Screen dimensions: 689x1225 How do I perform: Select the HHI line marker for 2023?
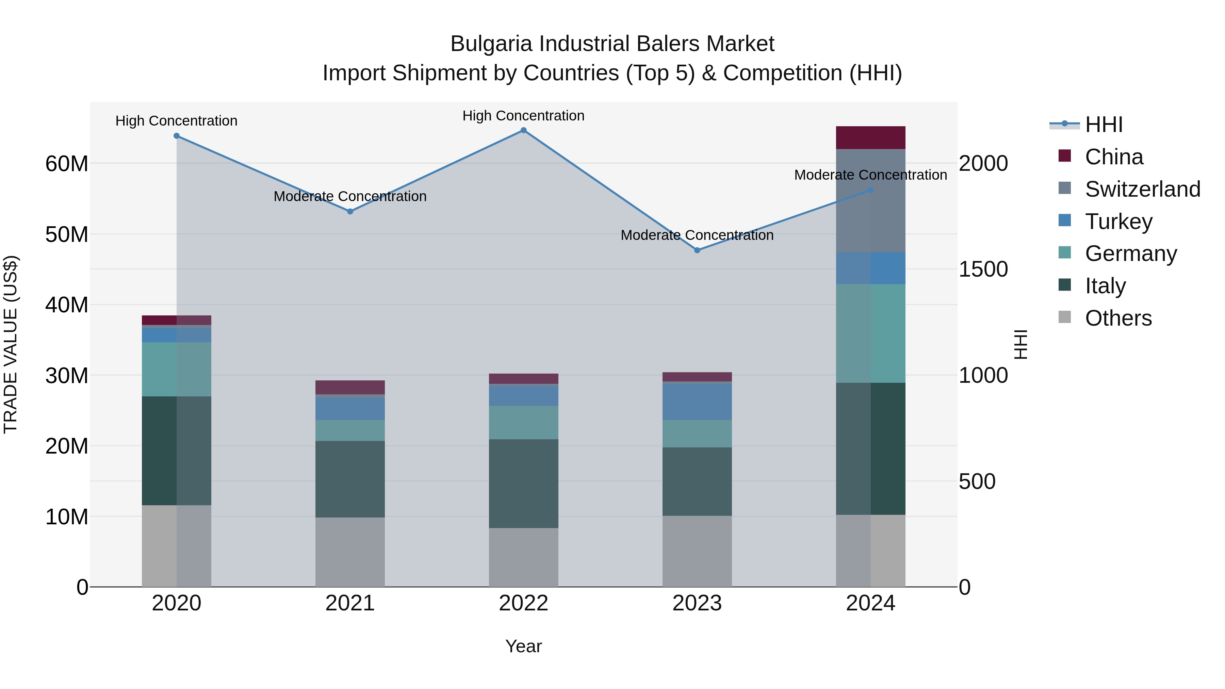click(x=697, y=250)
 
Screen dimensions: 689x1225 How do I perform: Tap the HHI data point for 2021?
click(x=350, y=212)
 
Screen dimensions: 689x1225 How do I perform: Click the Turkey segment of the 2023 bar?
click(x=697, y=401)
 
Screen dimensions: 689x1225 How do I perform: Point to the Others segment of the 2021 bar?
click(x=350, y=552)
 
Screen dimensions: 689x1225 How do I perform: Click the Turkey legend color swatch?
click(x=1065, y=220)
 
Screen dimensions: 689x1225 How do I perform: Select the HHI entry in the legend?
click(x=1103, y=125)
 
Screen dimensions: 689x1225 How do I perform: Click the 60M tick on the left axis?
click(x=67, y=164)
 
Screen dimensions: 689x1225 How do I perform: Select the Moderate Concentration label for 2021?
click(x=350, y=196)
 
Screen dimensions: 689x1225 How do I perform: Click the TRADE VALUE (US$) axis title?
click(x=11, y=344)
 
